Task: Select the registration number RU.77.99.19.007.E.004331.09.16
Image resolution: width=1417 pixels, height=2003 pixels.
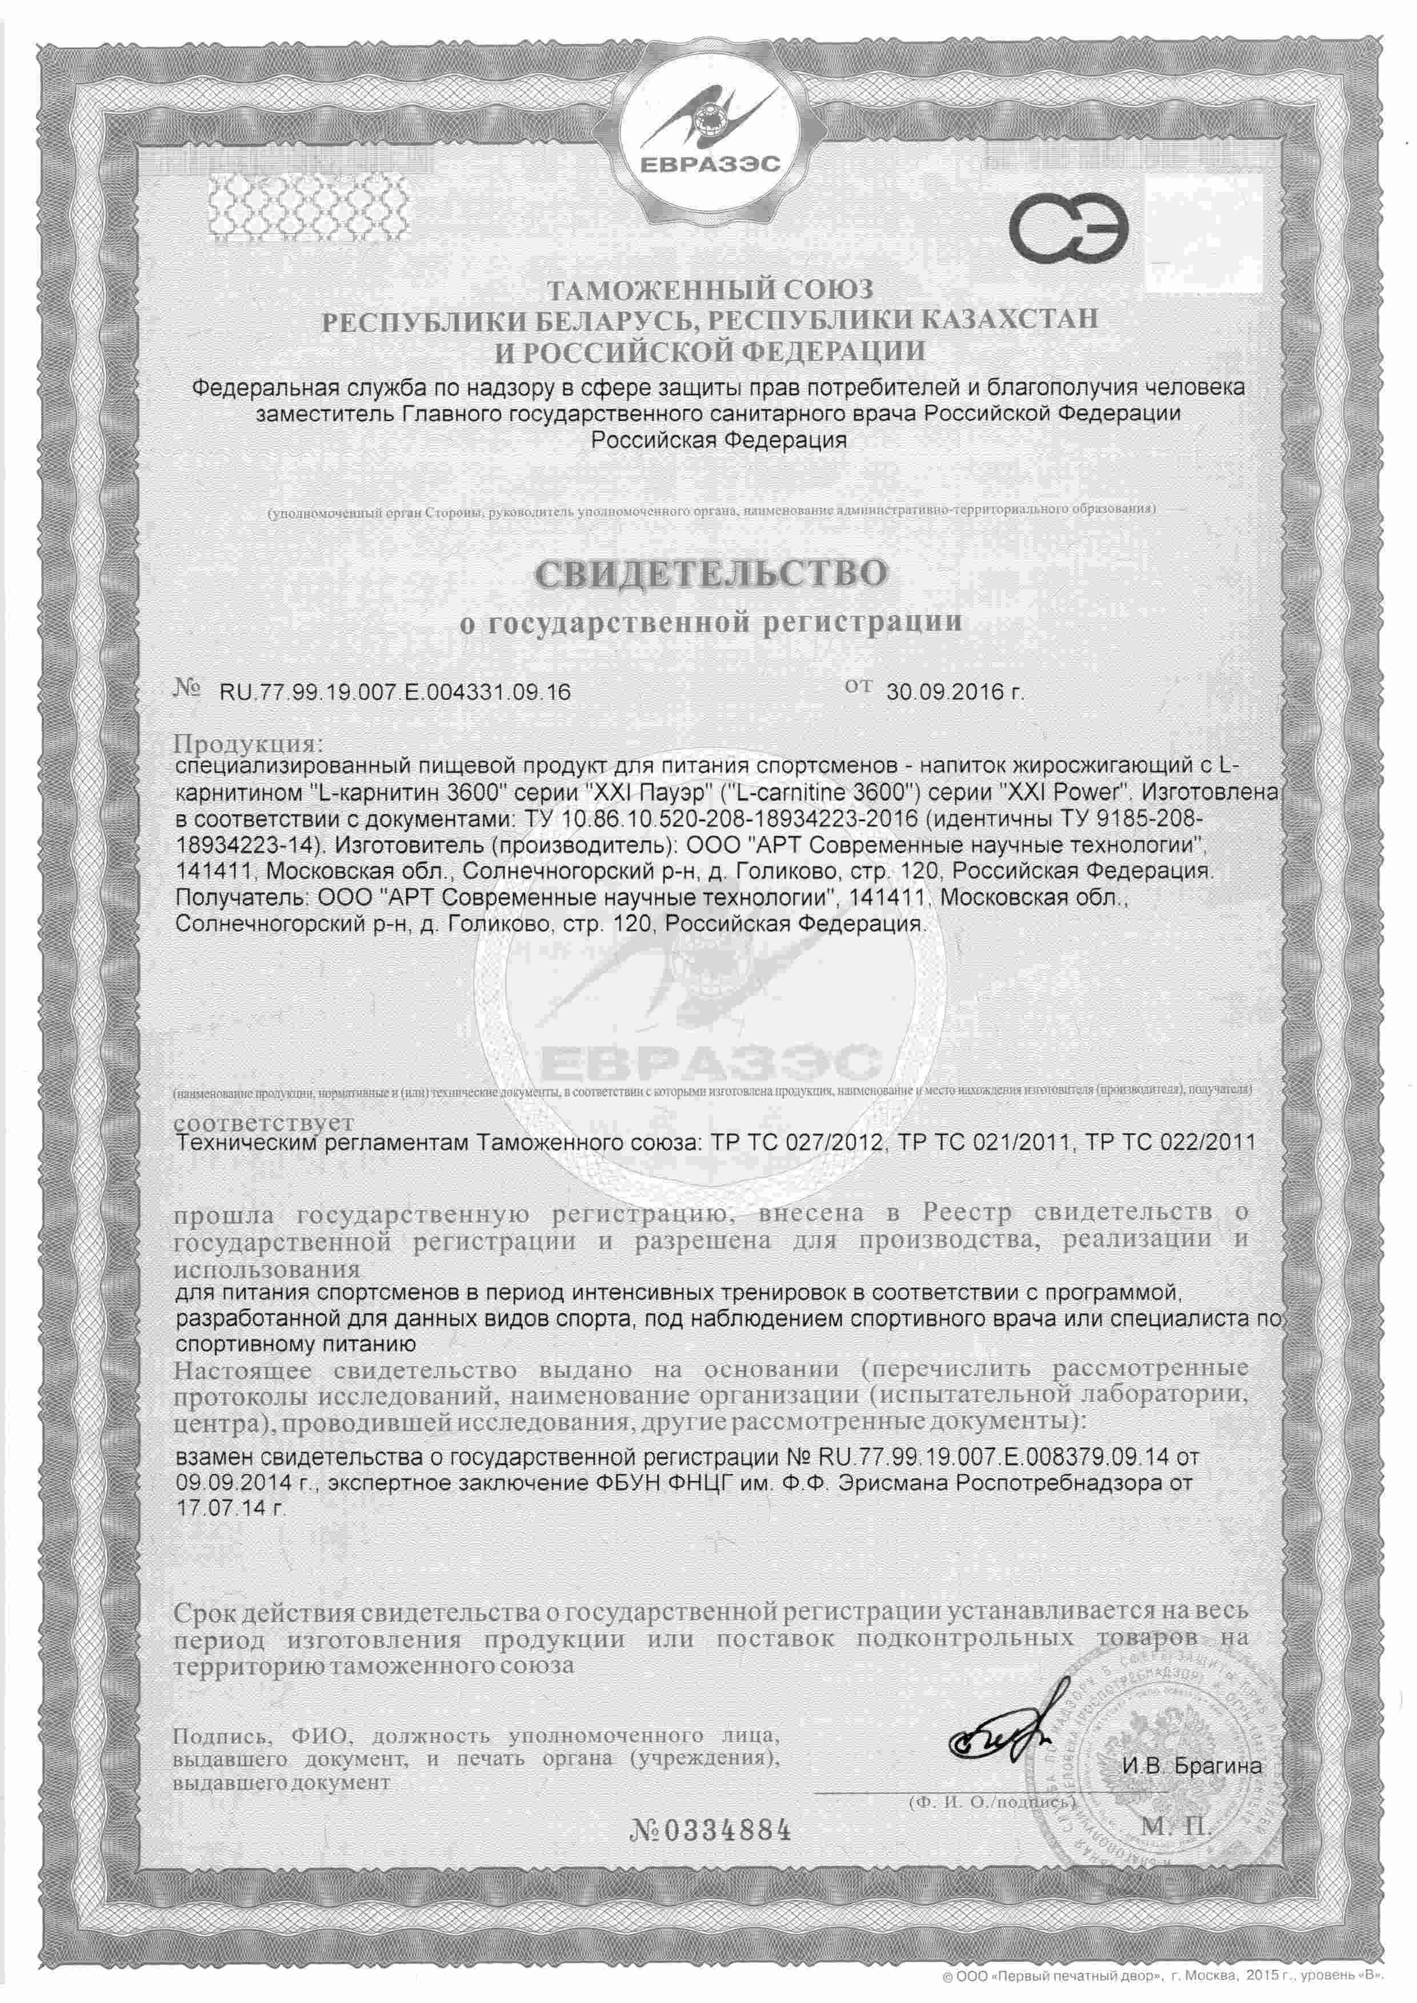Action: (x=395, y=692)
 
